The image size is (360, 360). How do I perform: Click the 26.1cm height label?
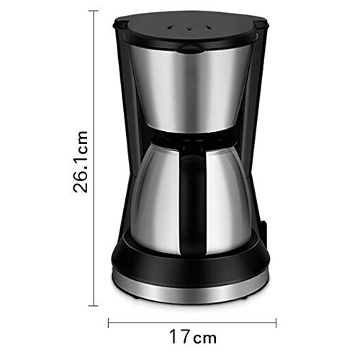click(81, 162)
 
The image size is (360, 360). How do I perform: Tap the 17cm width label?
click(193, 337)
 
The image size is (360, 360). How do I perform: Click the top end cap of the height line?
click(93, 11)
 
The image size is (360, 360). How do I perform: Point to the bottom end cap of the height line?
click(93, 306)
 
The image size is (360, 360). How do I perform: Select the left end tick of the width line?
click(109, 323)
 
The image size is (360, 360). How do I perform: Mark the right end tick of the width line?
click(276, 323)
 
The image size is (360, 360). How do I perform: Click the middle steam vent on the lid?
click(189, 29)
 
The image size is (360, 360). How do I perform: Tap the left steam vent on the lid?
click(171, 27)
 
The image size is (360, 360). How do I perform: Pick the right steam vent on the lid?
click(209, 27)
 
